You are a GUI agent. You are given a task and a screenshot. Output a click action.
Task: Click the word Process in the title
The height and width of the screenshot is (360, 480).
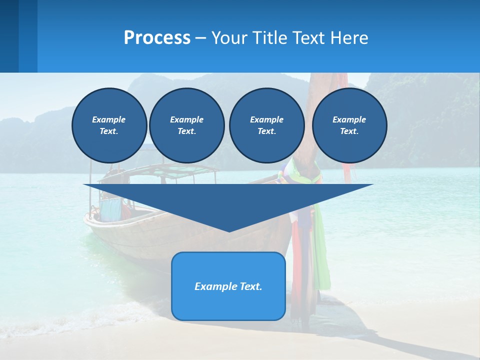point(157,38)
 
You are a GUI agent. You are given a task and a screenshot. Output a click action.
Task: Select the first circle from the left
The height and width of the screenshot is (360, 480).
point(109,125)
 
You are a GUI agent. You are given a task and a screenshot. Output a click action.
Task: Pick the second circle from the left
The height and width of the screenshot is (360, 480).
point(186,125)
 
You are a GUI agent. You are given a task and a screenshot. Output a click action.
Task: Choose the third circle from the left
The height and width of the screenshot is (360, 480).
point(266,125)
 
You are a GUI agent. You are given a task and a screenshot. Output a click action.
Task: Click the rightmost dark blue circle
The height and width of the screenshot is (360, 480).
point(349,125)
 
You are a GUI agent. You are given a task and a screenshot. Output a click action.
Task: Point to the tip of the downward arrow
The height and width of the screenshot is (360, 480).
point(229,230)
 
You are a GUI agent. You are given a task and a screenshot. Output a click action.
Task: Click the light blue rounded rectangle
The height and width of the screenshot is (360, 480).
point(228,305)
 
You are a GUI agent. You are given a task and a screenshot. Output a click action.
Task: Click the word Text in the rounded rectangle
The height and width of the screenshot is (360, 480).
point(250,286)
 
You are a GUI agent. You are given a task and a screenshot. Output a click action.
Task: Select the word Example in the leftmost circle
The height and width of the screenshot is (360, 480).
point(109,119)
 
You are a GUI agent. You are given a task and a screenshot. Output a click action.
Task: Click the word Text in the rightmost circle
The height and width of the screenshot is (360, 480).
point(348,131)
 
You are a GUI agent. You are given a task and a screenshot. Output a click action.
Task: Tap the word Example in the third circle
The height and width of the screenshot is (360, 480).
point(266,119)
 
